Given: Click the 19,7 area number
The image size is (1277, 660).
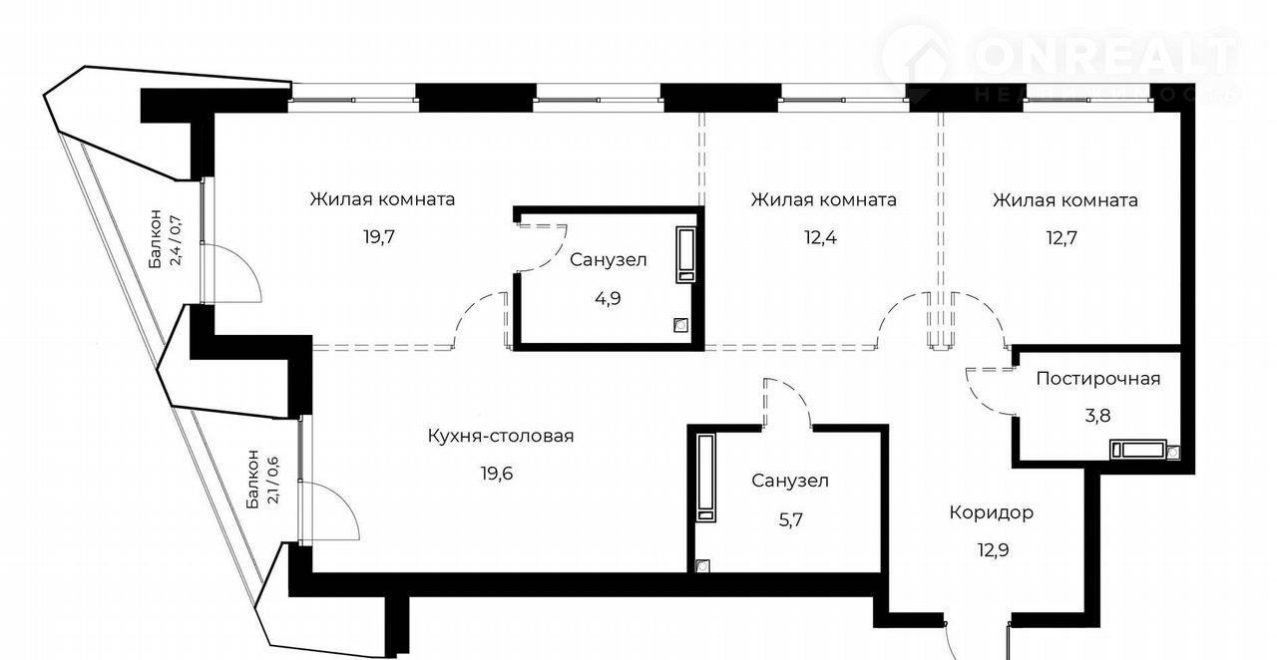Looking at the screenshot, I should coord(381,237).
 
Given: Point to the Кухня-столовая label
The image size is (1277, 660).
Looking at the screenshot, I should coord(501,436).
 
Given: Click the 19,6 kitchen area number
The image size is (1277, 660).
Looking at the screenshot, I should coord(501,473).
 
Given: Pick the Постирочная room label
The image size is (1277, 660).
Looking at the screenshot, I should coord(1098,379).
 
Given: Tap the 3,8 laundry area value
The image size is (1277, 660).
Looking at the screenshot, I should coord(1097,416).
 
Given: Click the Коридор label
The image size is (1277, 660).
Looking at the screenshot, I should coord(991,512).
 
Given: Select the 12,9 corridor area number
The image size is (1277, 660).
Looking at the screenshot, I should coord(991,549).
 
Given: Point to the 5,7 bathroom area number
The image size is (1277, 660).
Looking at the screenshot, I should coord(790,517).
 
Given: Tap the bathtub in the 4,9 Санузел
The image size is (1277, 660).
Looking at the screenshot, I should coord(686,253).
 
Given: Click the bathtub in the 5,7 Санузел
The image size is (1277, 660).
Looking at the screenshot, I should coord(706,478).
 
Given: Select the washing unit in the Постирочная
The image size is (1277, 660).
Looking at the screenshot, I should coord(1143,450).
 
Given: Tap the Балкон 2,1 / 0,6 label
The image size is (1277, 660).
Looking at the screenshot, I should coord(261,480).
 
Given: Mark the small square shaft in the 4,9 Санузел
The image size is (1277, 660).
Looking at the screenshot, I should coord(680,324).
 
